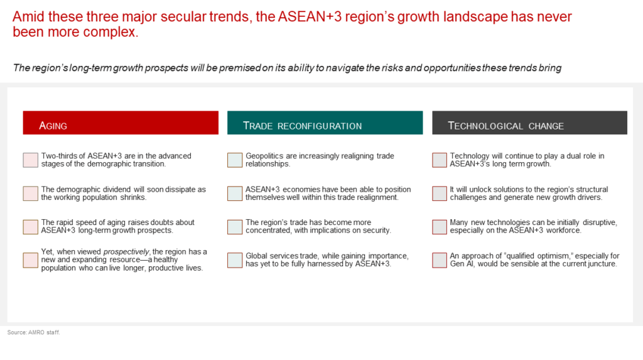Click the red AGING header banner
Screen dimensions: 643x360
point(121,123)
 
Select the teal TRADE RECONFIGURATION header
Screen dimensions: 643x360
point(325,123)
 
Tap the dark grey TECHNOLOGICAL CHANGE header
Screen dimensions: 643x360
point(529,123)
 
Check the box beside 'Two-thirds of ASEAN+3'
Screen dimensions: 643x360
point(30,160)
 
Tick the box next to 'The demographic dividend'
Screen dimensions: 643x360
point(30,194)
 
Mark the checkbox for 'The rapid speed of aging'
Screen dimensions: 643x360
point(30,227)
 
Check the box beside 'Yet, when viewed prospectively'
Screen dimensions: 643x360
point(30,260)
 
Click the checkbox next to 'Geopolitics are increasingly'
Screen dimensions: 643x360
point(235,160)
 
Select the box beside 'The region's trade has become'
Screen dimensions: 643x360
point(235,227)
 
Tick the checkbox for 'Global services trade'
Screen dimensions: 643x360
point(235,260)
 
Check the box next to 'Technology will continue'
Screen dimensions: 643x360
point(440,160)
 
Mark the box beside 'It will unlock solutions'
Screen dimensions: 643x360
point(440,194)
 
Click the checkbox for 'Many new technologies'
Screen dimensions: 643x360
point(440,227)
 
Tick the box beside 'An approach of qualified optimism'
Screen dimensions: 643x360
point(440,260)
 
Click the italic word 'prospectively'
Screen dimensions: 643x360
point(126,252)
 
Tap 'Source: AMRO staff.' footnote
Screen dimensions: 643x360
point(34,332)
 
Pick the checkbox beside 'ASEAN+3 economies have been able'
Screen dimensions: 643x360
point(235,194)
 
